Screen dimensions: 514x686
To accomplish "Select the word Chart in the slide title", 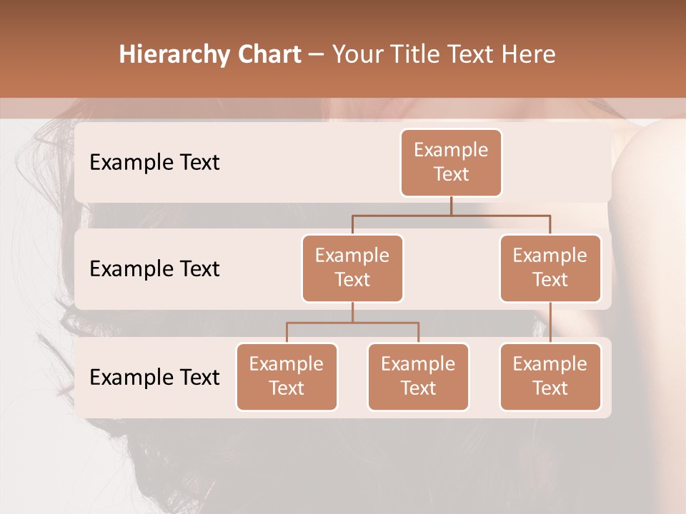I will coord(269,55).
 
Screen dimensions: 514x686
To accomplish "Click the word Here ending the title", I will coord(528,55).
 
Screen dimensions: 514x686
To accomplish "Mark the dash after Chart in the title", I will coord(317,55).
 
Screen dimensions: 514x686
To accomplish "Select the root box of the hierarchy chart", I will coord(451,163).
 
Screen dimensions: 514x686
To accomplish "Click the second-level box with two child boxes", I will coord(352,268).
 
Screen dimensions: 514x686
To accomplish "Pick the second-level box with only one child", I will coord(550,268).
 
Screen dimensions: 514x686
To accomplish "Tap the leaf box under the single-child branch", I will coord(550,377).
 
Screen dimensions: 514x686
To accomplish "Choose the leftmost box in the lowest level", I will coord(287,377).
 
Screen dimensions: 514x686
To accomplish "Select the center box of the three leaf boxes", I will coord(418,377).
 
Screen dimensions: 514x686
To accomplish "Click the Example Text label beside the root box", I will coord(154,163).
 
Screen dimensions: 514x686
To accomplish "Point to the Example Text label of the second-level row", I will coord(154,269).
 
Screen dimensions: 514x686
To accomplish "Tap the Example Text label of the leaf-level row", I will coord(154,377).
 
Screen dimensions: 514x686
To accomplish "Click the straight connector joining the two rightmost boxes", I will coord(550,323).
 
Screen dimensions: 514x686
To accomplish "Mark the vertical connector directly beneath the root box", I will coord(451,206).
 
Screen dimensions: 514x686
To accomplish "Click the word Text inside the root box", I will coord(451,174).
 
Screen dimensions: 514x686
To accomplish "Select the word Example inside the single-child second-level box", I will coord(550,256).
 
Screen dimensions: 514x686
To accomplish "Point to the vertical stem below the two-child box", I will coord(352,312).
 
